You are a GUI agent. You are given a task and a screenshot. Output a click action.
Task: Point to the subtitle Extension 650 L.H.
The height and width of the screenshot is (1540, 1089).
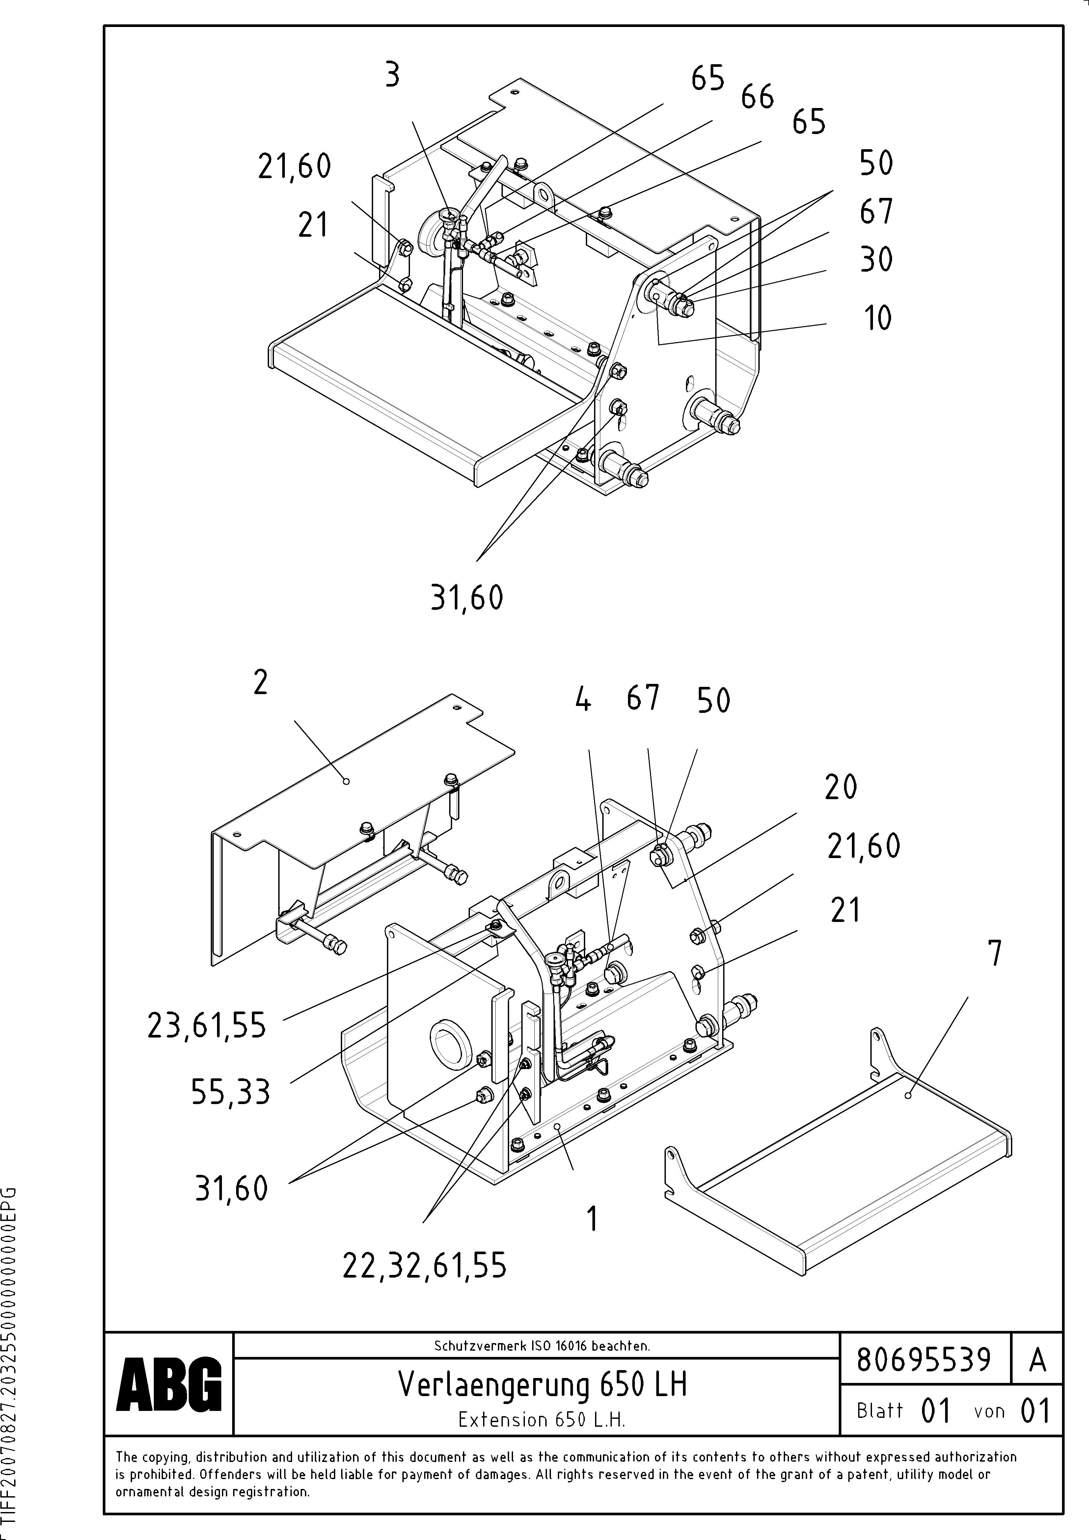pos(541,1419)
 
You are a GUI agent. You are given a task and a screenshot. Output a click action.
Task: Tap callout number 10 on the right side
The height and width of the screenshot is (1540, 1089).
pos(876,318)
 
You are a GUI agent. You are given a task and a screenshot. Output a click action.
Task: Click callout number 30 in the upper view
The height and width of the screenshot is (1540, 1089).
pos(876,259)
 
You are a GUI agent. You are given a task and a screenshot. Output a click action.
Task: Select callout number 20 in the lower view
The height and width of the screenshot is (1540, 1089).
pos(841,787)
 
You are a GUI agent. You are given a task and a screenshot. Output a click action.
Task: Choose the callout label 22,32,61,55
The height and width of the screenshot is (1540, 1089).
pos(425,1266)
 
